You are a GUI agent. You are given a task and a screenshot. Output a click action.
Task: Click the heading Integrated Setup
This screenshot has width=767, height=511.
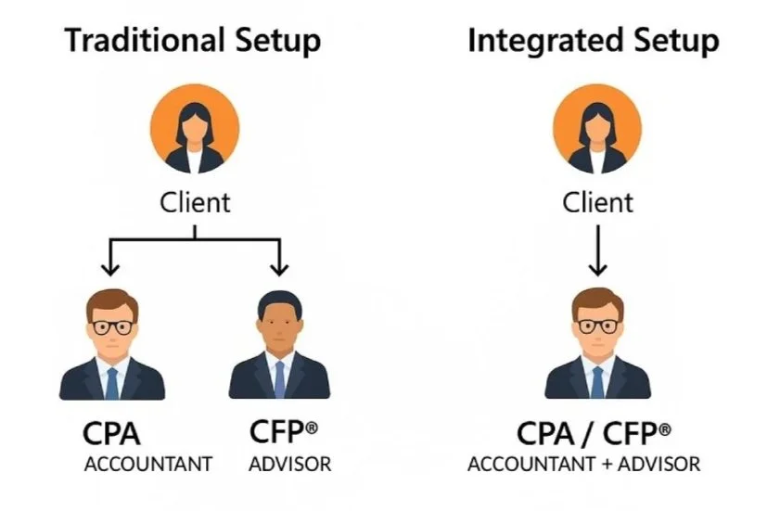tap(593, 41)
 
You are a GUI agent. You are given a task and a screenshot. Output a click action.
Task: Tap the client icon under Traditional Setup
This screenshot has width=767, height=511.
tap(195, 129)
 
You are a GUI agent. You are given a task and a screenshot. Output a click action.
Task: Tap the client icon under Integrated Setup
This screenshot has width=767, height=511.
tap(598, 129)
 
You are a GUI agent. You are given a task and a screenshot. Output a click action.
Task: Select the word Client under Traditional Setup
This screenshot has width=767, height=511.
tap(195, 201)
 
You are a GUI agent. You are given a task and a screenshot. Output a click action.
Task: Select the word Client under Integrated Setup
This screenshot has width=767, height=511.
tap(598, 201)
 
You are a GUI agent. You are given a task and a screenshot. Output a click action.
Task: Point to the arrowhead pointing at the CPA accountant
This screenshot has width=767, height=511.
tap(110, 268)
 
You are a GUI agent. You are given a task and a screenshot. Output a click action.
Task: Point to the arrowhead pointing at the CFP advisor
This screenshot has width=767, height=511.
tap(279, 268)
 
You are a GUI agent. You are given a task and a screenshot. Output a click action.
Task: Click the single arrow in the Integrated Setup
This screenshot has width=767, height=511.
tap(598, 250)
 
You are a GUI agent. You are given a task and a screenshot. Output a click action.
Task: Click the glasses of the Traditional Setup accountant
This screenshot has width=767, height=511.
tap(111, 327)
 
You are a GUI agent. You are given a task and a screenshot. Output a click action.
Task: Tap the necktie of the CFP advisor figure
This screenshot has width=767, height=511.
tap(279, 378)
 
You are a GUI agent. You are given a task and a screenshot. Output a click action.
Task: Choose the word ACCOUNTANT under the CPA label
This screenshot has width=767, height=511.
tap(148, 464)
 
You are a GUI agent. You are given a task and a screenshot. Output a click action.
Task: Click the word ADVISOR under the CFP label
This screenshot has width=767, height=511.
tap(289, 464)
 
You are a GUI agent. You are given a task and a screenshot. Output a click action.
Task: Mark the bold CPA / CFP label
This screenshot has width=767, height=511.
tap(594, 433)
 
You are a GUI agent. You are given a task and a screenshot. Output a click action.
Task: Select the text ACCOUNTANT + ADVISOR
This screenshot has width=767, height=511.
tap(584, 464)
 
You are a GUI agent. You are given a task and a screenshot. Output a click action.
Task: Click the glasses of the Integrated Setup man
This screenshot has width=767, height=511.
tap(598, 326)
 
